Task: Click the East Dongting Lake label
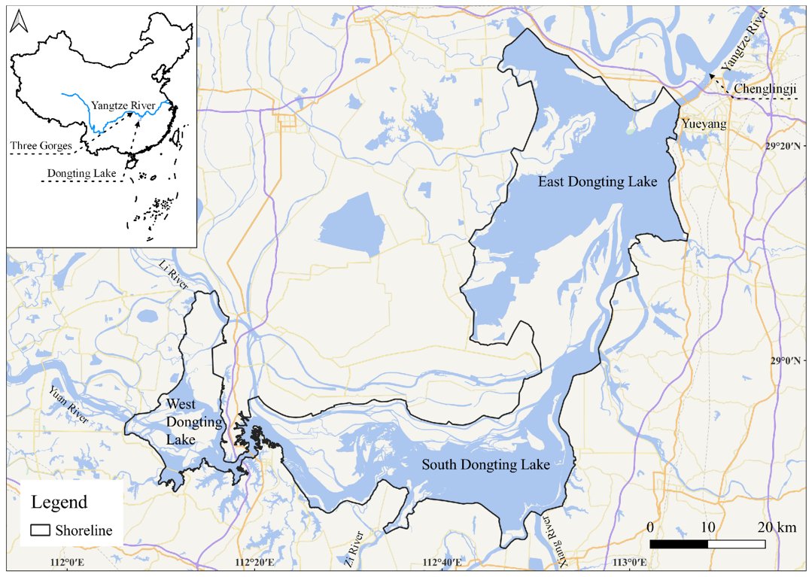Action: point(598,182)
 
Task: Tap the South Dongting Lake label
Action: point(485,465)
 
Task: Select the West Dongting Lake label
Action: point(181,422)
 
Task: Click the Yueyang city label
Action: point(704,124)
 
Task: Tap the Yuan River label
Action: point(68,403)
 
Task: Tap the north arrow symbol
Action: point(18,22)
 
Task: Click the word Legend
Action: point(59,502)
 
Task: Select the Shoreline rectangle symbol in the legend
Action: point(41,530)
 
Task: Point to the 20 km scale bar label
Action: point(774,526)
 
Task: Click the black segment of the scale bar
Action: point(678,543)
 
